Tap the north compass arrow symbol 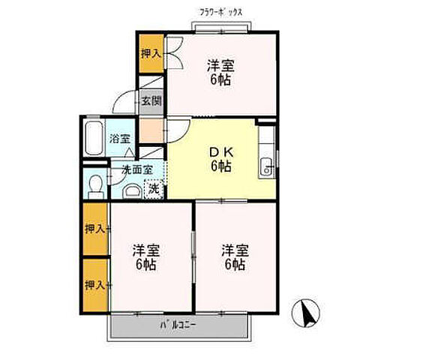[307, 310]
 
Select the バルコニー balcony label [178, 325]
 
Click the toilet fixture [94, 184]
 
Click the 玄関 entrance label [150, 100]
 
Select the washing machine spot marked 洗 [153, 189]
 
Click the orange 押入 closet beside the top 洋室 [150, 52]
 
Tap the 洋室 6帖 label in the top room [220, 71]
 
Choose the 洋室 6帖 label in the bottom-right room [233, 256]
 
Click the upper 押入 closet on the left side [94, 228]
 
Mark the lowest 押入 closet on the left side [94, 285]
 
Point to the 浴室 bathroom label [120, 139]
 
